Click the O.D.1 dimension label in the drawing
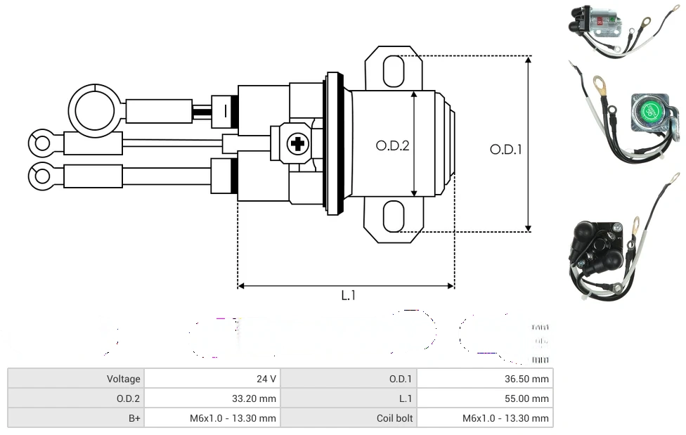[x=505, y=149]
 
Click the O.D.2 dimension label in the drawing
[x=392, y=146]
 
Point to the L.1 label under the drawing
[x=348, y=296]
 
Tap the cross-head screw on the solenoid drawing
[x=298, y=144]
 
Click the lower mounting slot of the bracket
[x=394, y=216]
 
